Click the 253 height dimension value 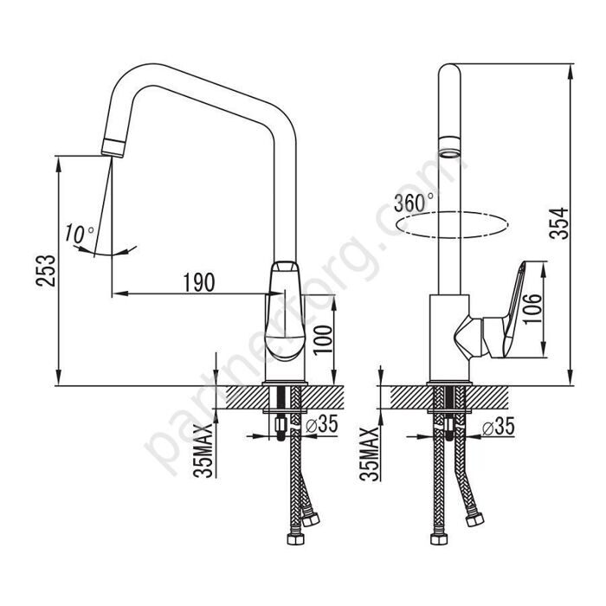[46, 270]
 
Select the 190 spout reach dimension [198, 282]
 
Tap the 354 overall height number [559, 223]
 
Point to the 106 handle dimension [532, 309]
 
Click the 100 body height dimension [323, 339]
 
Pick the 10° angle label [80, 234]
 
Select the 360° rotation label [413, 202]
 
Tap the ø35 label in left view [321, 424]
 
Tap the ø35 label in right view [499, 427]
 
